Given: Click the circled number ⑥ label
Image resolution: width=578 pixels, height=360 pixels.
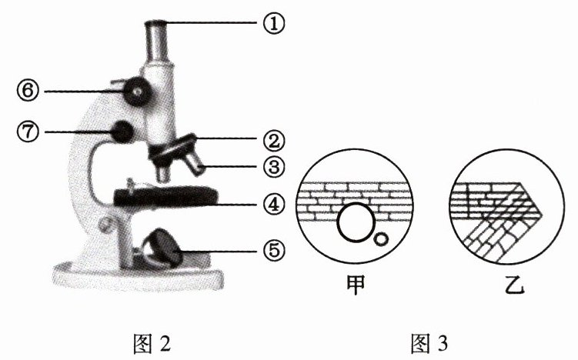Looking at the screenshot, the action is (28, 92).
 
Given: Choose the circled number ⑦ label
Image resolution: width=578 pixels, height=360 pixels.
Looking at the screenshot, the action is (28, 132).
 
